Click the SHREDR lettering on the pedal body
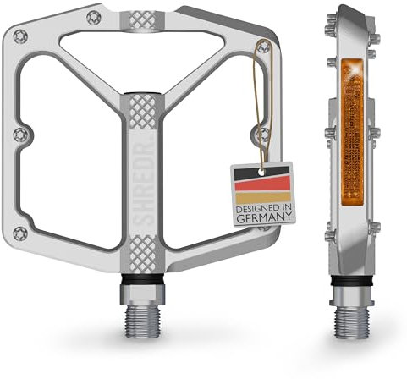point(140,173)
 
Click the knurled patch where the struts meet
point(140,107)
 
